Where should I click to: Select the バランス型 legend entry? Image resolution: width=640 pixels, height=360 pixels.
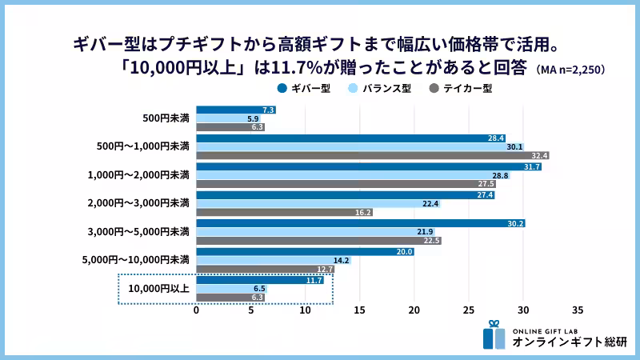383,88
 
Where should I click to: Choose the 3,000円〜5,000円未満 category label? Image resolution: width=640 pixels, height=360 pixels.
138,232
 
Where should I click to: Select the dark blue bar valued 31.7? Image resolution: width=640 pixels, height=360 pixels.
369,166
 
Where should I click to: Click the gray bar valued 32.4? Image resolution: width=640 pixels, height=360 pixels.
373,156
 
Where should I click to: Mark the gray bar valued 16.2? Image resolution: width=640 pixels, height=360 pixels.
284,213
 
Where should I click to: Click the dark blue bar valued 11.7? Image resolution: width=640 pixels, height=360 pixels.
260,280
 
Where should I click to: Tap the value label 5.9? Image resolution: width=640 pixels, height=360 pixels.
253,118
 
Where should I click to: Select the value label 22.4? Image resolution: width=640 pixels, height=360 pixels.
430,204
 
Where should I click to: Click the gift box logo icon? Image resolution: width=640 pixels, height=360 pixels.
494,335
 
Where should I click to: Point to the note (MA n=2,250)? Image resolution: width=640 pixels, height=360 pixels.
571,70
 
